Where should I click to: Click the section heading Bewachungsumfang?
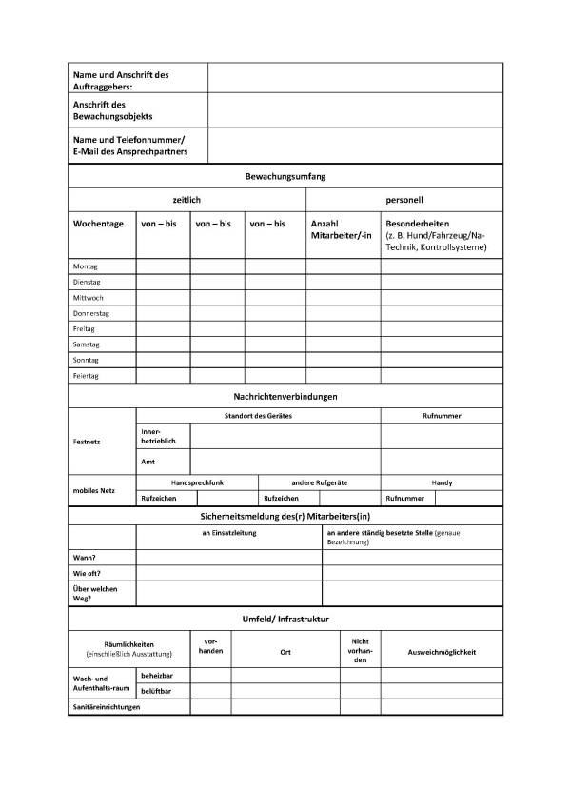point(285,176)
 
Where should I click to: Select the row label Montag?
point(86,266)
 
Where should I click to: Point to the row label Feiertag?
point(87,376)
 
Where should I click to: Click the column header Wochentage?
point(98,224)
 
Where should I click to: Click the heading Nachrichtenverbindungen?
point(285,396)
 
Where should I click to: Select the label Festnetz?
point(87,442)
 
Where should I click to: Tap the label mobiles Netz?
point(94,489)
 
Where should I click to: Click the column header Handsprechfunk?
point(197,482)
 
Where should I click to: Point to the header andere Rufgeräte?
point(319,482)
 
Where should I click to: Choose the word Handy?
point(442,482)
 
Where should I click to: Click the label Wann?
point(85,558)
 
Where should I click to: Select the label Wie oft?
point(87,574)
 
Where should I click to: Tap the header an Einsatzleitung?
point(229,533)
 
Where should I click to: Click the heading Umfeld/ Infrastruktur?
point(285,619)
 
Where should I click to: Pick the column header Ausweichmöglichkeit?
point(442,652)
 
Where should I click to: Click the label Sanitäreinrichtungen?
point(107,707)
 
